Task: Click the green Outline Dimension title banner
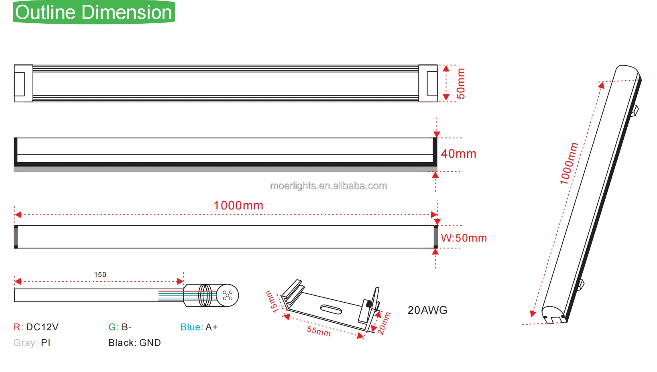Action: coord(94,12)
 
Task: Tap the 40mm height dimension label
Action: coord(458,154)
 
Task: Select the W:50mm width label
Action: coord(464,238)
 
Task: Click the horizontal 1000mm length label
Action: coord(238,205)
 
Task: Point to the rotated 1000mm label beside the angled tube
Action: coord(569,164)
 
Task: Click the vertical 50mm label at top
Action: coord(461,83)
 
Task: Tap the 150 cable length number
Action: coord(100,274)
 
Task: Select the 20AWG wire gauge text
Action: coord(427,310)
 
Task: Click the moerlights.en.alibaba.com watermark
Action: coord(328,186)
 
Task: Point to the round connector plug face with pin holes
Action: coord(228,296)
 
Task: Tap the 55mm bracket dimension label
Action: coord(319,331)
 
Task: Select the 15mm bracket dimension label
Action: coord(272,302)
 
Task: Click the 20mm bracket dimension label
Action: coord(384,323)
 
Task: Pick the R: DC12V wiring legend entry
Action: coord(36,327)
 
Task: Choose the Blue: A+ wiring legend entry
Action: coord(199,327)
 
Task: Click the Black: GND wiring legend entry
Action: coord(134,343)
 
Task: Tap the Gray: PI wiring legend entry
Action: coord(32,343)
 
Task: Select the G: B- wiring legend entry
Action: coord(120,327)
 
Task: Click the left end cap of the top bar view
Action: coord(23,83)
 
